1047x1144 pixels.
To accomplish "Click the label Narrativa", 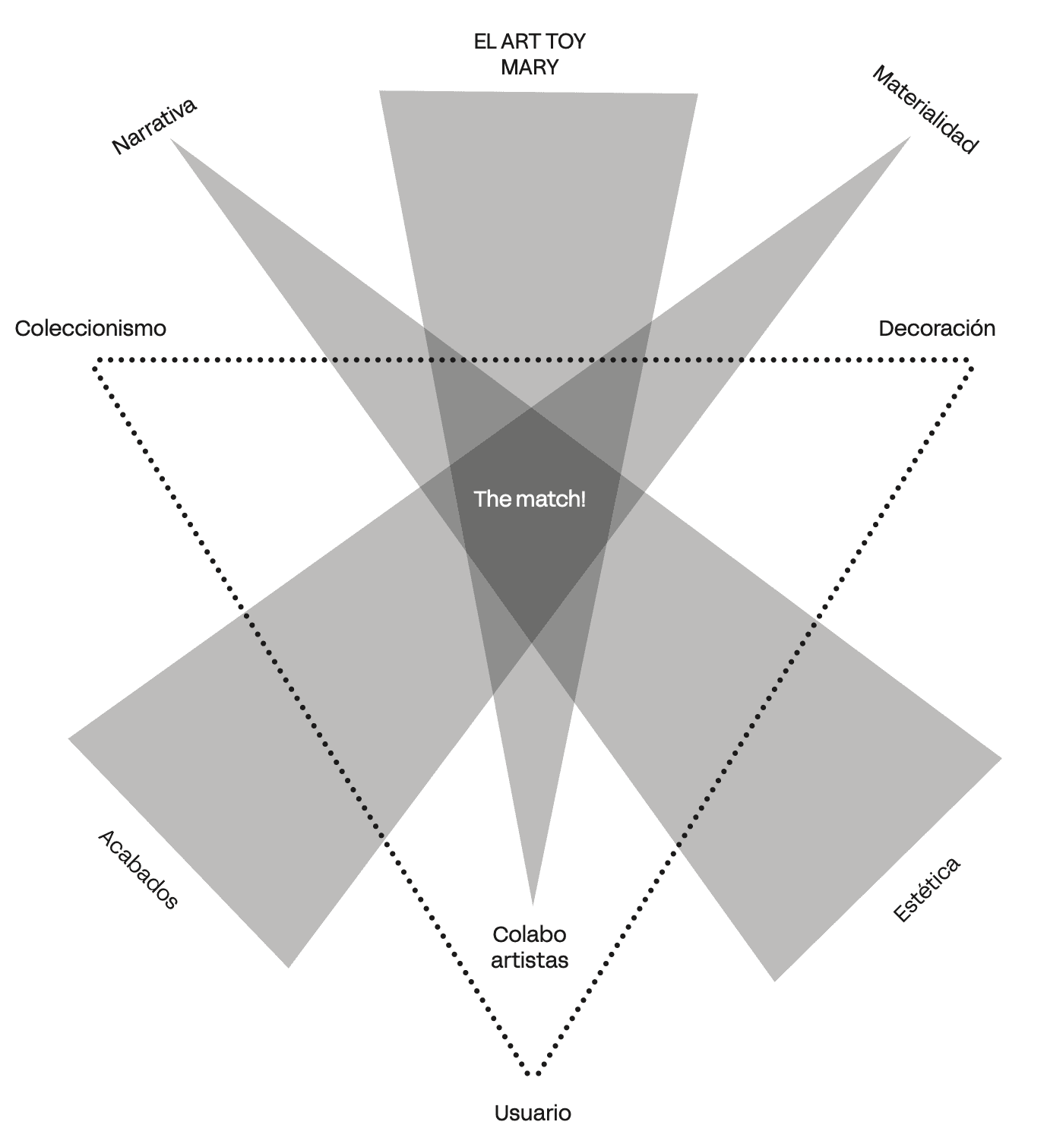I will tap(154, 126).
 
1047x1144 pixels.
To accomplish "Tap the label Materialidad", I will tap(924, 110).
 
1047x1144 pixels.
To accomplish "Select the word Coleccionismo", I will tap(90, 328).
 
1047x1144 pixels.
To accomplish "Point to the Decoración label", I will tap(936, 328).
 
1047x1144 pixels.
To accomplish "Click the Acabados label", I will tap(138, 869).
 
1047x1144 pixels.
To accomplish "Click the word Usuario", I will tap(533, 1114).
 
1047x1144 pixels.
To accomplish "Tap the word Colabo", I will tap(530, 934).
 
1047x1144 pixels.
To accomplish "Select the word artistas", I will tap(530, 960).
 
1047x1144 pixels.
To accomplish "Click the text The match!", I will tap(530, 499).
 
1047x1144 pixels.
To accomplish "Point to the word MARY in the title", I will tap(530, 67).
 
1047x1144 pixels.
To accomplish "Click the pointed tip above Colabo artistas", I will tap(533, 904).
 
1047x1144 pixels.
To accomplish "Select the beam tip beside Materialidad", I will tap(910, 137).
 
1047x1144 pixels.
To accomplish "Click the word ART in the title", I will tap(520, 41).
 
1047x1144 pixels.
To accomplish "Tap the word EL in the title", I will tap(485, 41).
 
